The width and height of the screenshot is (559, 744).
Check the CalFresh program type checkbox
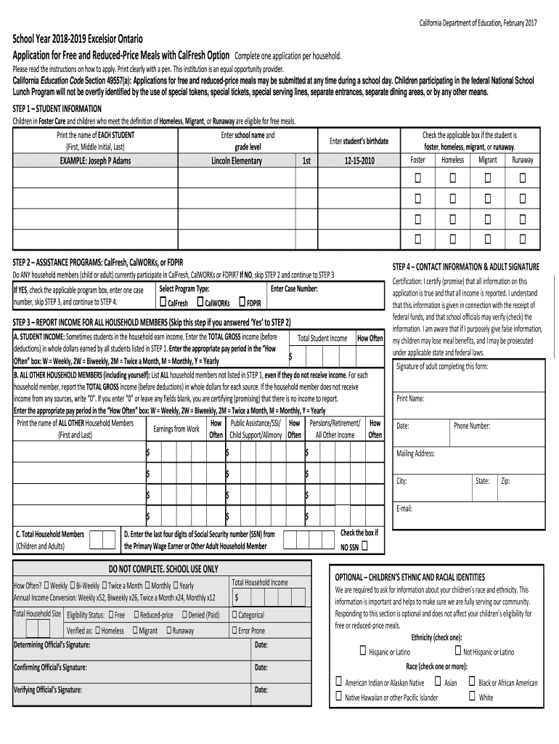163,302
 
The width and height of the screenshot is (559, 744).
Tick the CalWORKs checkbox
201,302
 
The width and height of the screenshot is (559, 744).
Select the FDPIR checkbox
242,302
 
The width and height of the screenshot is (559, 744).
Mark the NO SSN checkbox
364,546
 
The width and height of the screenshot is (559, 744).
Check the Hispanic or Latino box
362,651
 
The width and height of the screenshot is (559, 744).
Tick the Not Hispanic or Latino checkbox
457,651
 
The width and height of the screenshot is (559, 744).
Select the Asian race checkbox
438,682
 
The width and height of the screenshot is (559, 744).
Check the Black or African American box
472,682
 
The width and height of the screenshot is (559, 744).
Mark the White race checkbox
472,696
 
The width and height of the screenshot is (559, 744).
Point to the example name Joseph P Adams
95,161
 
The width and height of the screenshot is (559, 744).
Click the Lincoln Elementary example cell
236,161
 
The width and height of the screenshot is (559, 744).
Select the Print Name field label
410,398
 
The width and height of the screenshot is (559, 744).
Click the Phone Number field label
472,426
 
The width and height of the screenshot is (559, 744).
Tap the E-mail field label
404,508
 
